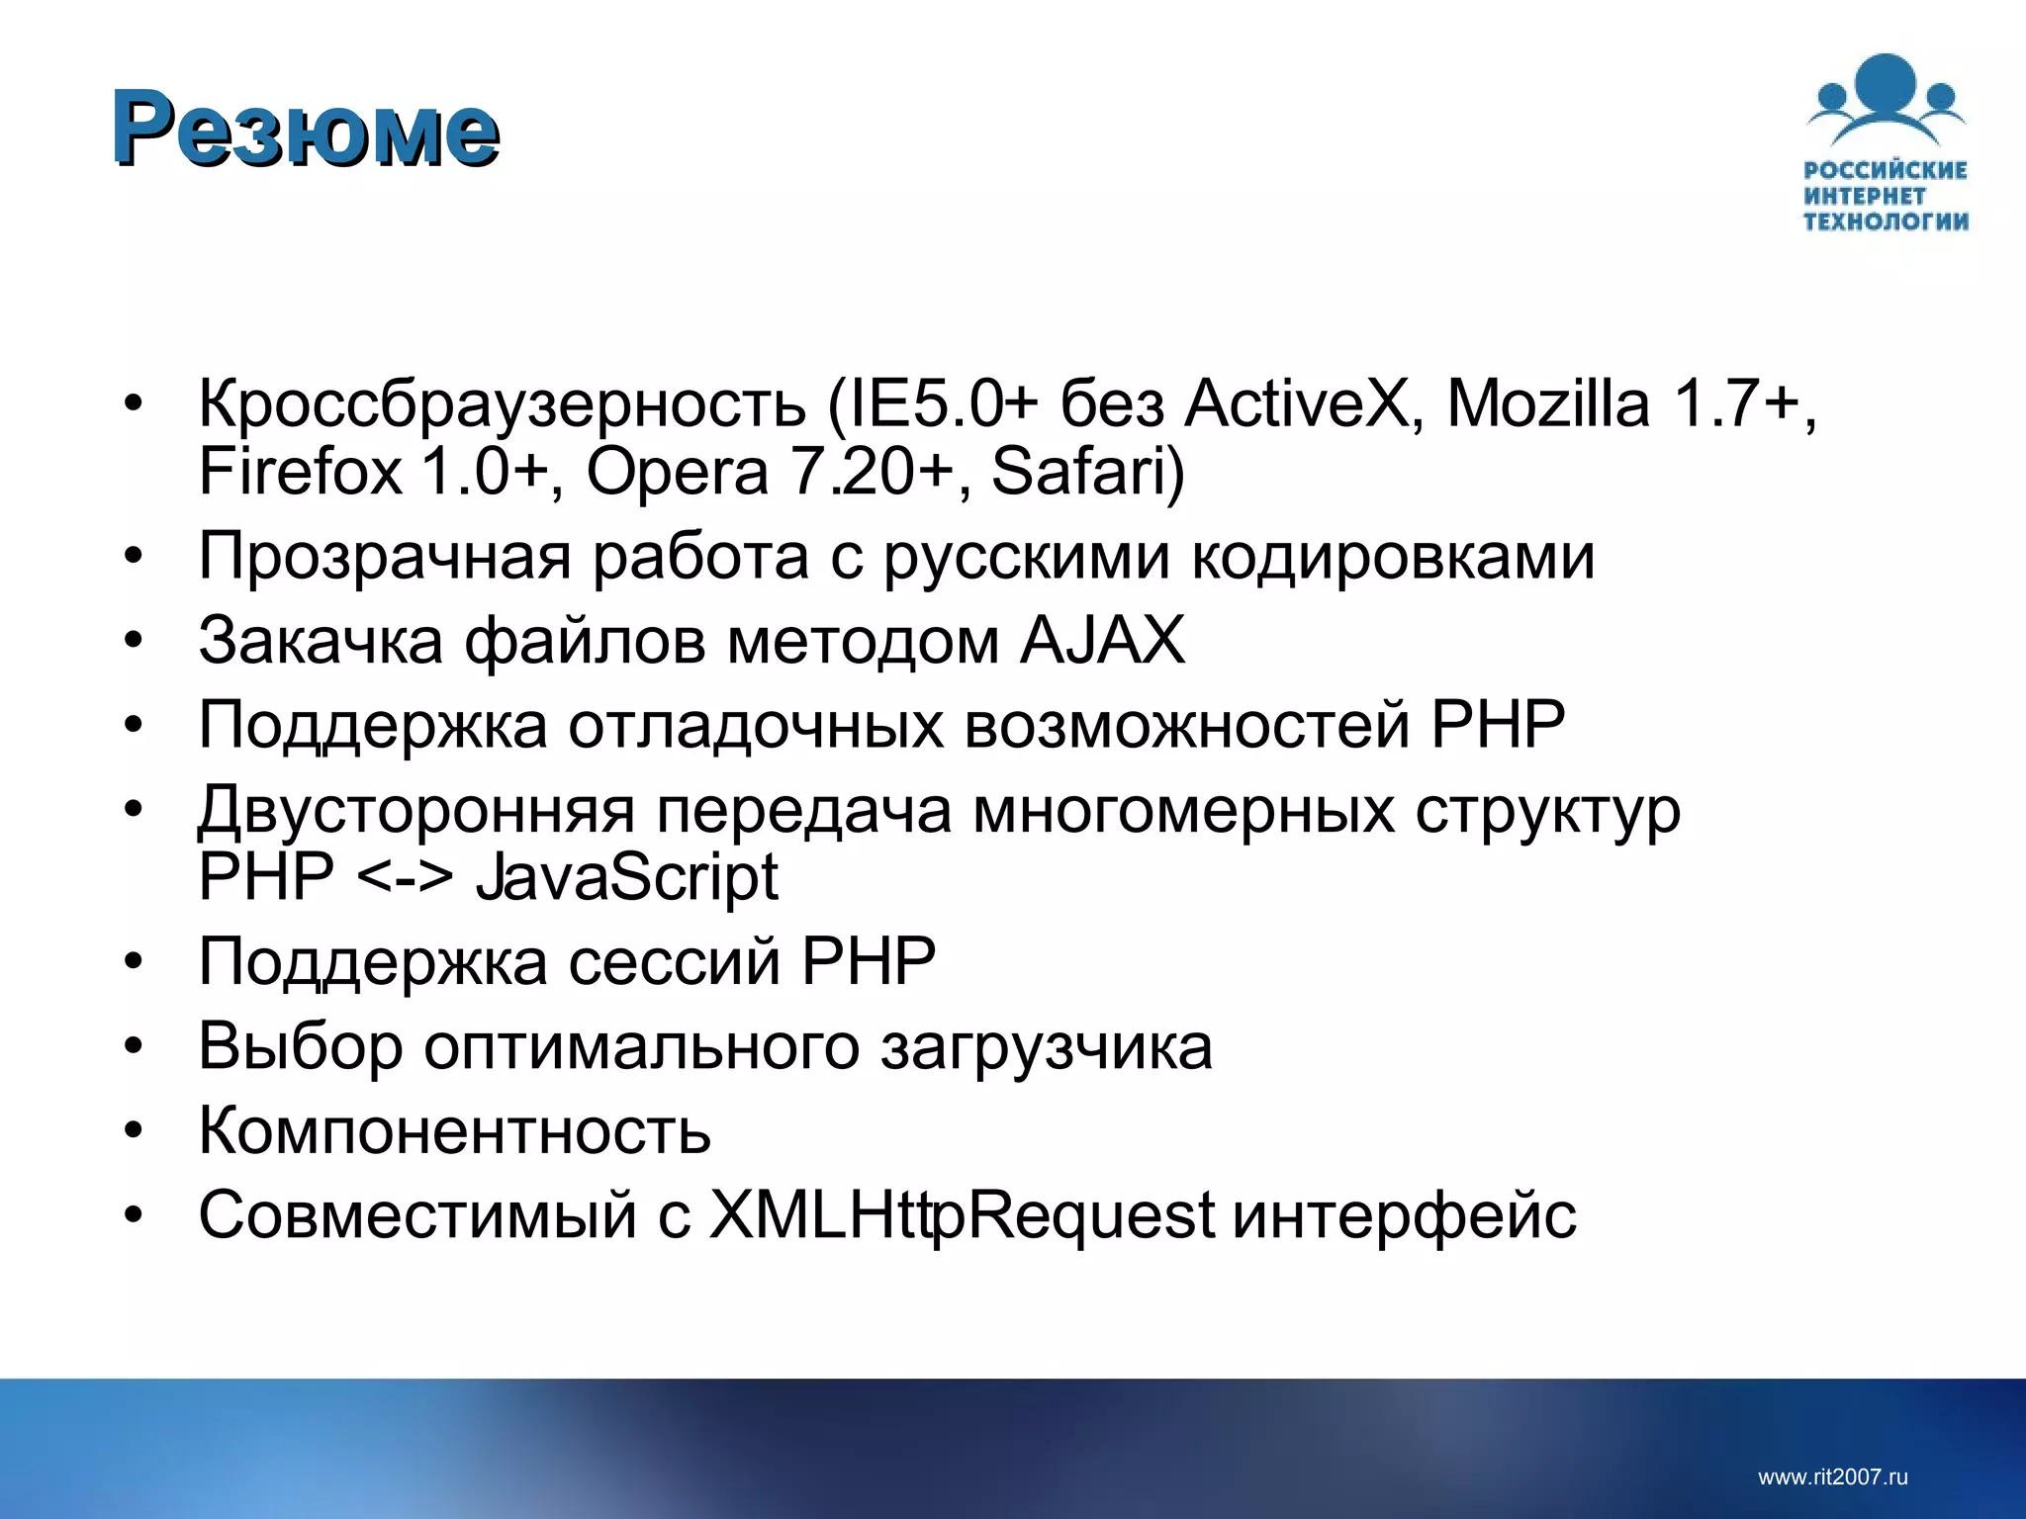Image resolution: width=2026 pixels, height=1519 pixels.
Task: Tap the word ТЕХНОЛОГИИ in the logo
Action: tap(1886, 222)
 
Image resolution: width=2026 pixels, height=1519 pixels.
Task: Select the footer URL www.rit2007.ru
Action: tap(1832, 1477)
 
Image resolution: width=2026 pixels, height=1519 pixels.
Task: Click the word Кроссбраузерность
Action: tap(503, 405)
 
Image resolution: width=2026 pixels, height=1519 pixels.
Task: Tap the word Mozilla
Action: tap(1548, 403)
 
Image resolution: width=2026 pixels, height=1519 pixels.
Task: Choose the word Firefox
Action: tap(300, 472)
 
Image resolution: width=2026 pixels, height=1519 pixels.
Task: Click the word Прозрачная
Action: tap(385, 558)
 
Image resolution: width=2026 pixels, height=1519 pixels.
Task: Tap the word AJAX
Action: tap(1102, 641)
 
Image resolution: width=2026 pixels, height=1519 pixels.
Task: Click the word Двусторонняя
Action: tap(416, 811)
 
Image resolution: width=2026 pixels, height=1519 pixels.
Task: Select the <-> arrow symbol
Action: tap(404, 878)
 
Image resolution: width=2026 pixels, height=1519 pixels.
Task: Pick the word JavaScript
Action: tap(626, 878)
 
